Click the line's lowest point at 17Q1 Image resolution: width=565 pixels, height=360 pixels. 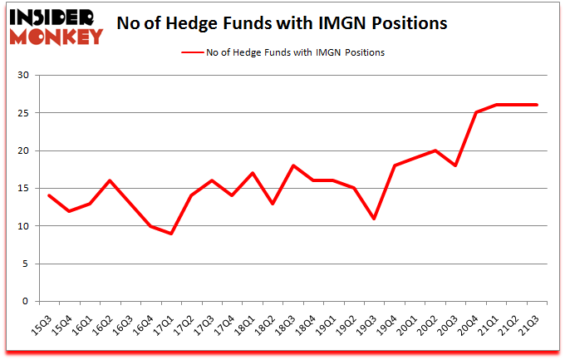point(171,234)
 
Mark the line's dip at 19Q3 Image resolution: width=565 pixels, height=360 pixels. point(375,219)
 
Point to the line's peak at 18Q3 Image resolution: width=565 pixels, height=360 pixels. point(293,165)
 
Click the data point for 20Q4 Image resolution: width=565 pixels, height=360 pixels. point(476,113)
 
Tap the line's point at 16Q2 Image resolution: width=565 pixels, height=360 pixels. point(111,180)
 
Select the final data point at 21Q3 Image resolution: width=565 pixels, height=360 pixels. point(537,105)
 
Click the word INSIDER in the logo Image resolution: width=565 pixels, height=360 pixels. point(52,17)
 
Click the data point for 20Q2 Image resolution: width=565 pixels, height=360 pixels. point(435,150)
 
